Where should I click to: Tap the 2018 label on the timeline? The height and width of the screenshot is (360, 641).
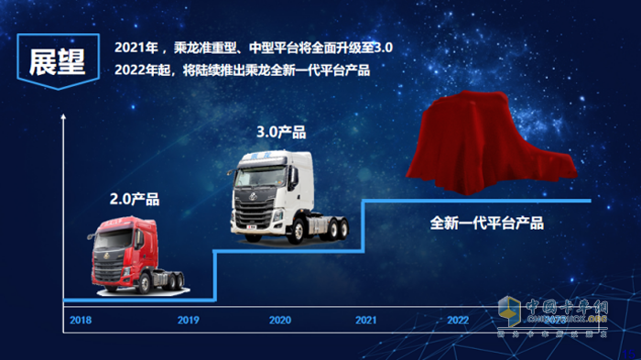tap(81, 321)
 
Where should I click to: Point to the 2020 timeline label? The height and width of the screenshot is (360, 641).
tap(280, 321)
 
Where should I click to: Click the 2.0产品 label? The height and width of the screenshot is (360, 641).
tap(135, 199)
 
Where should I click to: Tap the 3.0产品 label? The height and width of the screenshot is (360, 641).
tap(282, 132)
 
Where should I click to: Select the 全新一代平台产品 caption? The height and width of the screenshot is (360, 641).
tap(487, 223)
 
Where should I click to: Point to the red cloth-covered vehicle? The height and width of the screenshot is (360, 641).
tap(495, 148)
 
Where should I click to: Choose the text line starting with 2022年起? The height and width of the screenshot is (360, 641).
tap(242, 71)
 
